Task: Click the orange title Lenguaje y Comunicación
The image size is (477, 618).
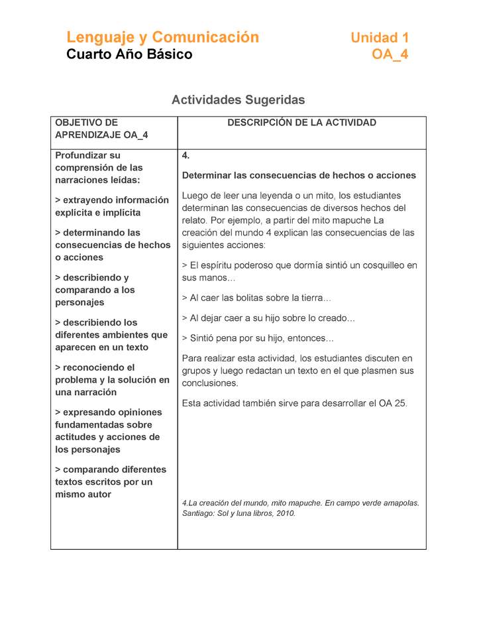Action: click(162, 37)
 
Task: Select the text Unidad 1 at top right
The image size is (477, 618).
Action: click(380, 38)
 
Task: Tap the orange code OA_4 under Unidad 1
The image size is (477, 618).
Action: click(390, 54)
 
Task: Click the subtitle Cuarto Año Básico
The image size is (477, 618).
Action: click(129, 54)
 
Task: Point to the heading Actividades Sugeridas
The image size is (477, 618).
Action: click(238, 100)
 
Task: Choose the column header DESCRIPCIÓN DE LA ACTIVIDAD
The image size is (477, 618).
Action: click(301, 123)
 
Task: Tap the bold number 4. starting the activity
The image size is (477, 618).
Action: click(186, 156)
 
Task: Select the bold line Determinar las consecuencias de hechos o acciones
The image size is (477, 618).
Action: click(299, 176)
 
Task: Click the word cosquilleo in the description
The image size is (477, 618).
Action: click(378, 265)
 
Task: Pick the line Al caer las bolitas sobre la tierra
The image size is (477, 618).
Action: click(256, 298)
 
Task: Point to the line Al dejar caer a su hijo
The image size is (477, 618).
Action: click(268, 318)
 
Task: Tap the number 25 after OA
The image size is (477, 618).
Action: click(400, 403)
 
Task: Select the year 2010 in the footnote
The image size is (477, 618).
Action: click(286, 513)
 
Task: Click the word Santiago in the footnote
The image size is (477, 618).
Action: click(199, 513)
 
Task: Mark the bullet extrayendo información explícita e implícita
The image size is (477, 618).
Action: click(111, 206)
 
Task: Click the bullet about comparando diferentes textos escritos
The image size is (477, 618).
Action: click(111, 482)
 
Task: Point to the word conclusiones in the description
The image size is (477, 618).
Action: click(210, 383)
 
